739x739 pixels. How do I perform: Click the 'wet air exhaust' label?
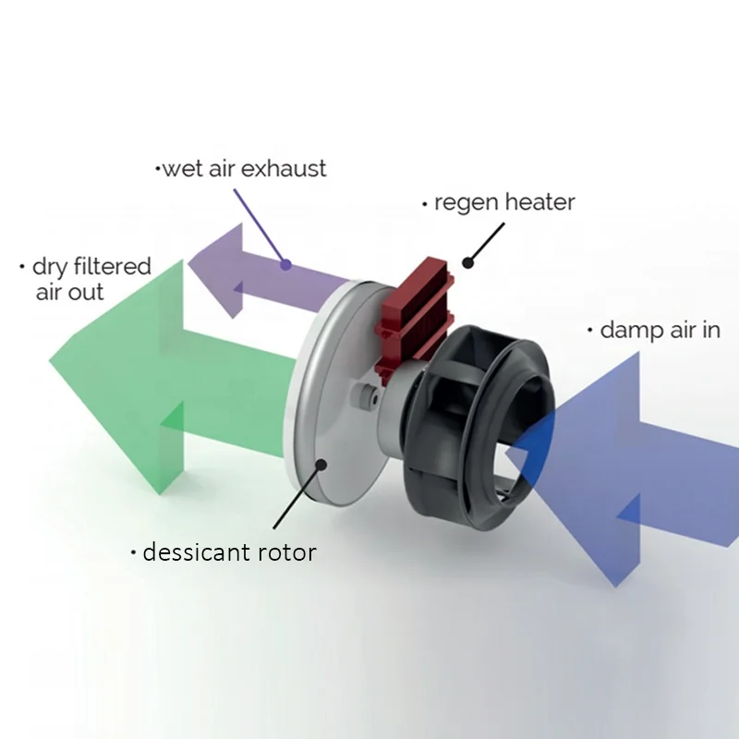point(242,169)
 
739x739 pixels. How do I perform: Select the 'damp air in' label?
point(657,330)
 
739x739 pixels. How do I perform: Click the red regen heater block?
point(415,314)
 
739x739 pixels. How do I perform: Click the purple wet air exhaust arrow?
point(249,273)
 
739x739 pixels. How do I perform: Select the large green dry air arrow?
point(139,369)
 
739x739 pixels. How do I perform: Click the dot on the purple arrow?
point(286,264)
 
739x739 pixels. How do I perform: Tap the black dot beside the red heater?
point(468,261)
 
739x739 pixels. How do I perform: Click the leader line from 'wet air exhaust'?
point(260,225)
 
